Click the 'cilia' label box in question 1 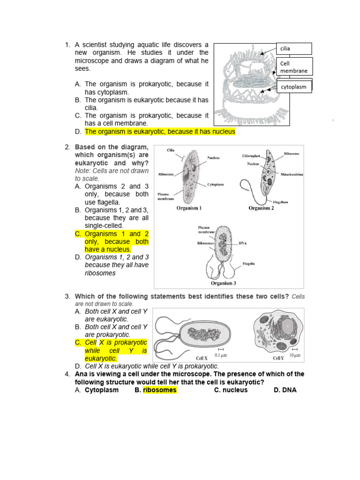294,48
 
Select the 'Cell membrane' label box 294,67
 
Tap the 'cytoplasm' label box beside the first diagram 294,87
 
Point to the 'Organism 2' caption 261,208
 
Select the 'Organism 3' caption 223,283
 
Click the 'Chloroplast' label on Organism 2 251,156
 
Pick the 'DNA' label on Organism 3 243,243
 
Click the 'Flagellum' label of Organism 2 280,202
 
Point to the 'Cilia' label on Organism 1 171,150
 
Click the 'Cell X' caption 202,358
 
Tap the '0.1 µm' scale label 220,355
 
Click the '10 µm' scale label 295,355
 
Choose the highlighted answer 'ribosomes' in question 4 160,390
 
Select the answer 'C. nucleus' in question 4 231,390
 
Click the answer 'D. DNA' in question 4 285,390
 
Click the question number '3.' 67,296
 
